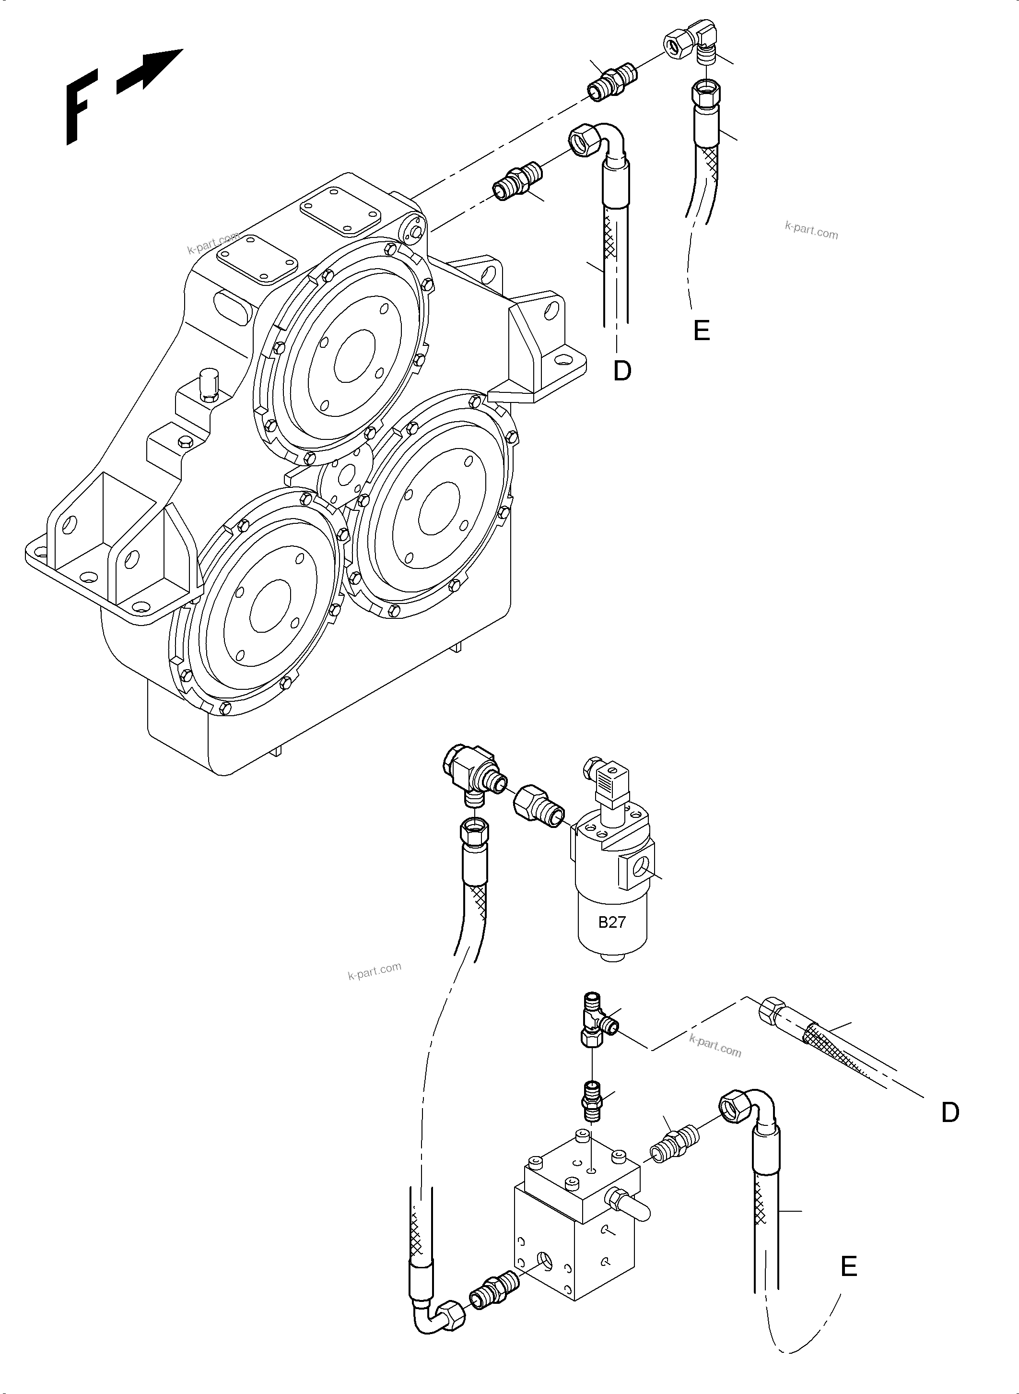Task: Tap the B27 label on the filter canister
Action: [612, 922]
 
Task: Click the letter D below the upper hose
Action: [622, 371]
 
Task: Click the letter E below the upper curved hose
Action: [702, 331]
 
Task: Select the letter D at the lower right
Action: [950, 1112]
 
